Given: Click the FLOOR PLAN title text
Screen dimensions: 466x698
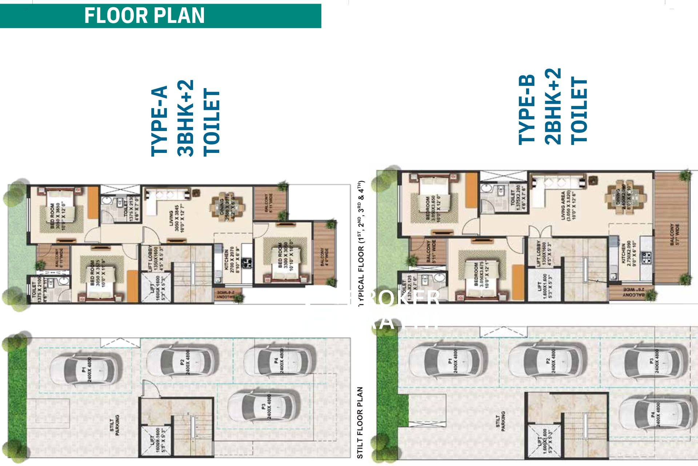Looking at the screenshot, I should point(144,16).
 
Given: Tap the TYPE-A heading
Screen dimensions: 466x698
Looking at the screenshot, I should point(159,121).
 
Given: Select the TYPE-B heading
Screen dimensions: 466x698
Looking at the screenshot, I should point(526,110).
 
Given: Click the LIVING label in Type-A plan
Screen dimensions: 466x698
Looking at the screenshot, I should point(171,218).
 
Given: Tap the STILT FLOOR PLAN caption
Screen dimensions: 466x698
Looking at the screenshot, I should point(360,422).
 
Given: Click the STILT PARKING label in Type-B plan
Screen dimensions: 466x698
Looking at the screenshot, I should point(500,421).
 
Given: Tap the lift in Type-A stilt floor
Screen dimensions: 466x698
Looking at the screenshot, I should point(156,441).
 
